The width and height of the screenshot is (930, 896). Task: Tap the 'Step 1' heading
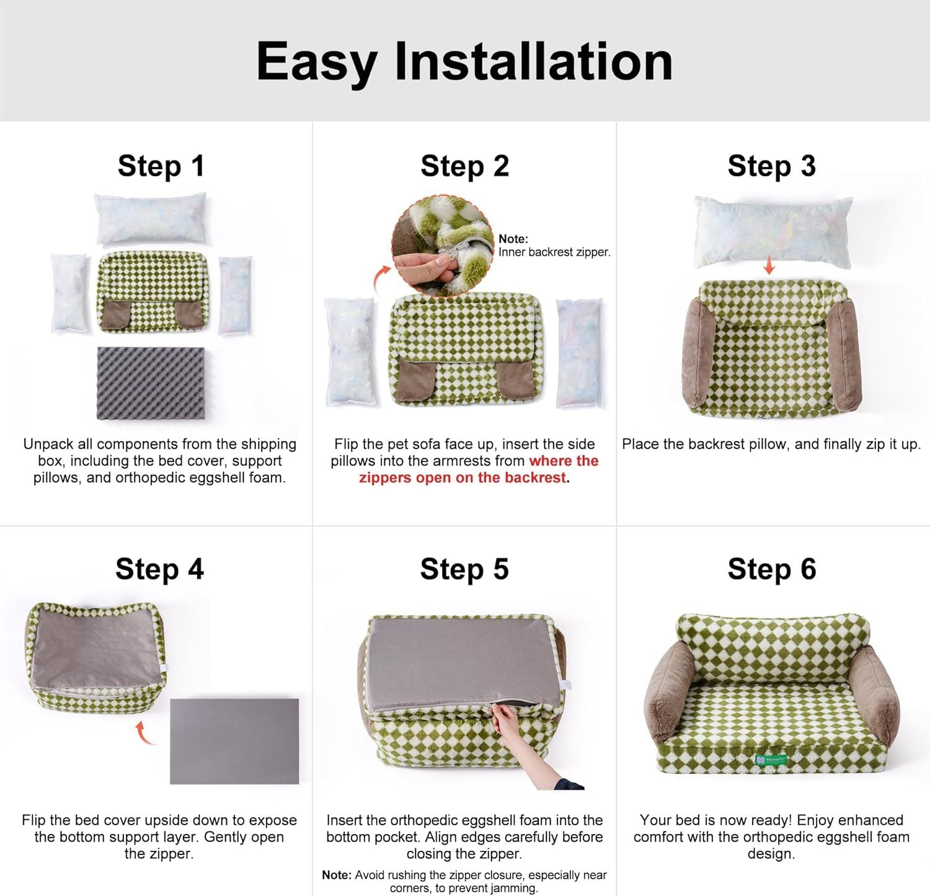click(x=161, y=166)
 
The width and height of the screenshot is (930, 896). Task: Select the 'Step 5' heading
click(x=464, y=569)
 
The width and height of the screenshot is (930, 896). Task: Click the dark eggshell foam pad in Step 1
click(x=151, y=383)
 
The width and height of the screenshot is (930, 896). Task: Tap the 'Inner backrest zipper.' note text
click(x=554, y=252)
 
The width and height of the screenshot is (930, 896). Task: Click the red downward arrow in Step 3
click(x=769, y=266)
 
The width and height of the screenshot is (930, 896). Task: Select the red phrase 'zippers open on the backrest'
click(x=463, y=478)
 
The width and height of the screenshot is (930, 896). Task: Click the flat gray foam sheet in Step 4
click(x=234, y=741)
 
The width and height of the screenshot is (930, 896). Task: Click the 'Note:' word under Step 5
click(x=337, y=875)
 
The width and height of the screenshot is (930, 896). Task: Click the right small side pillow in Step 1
click(x=235, y=295)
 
